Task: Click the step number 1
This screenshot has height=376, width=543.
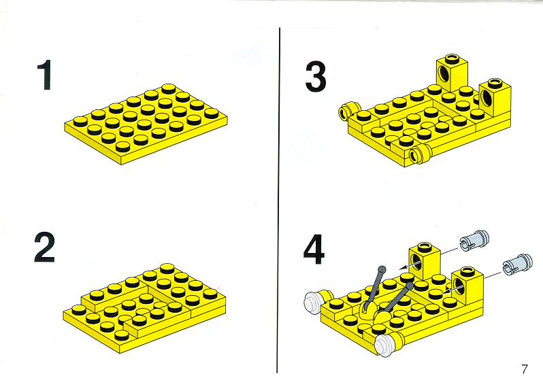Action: pyautogui.click(x=46, y=75)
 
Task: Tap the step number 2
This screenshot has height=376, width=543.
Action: pyautogui.click(x=45, y=247)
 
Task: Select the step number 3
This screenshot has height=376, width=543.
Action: pyautogui.click(x=316, y=76)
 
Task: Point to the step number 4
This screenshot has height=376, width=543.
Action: pyautogui.click(x=314, y=249)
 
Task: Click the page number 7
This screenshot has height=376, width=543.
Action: pyautogui.click(x=525, y=368)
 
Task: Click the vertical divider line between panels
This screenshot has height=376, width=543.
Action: pyautogui.click(x=279, y=200)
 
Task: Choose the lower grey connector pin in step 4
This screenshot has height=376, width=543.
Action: pyautogui.click(x=517, y=264)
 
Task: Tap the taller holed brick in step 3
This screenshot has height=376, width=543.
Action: pyautogui.click(x=451, y=73)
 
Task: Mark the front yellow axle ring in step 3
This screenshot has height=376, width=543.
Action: pyautogui.click(x=419, y=154)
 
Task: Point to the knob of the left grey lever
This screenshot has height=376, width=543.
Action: pyautogui.click(x=382, y=269)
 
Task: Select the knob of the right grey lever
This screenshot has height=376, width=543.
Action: pyautogui.click(x=410, y=286)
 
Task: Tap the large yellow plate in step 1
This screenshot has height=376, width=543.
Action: pyautogui.click(x=146, y=124)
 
